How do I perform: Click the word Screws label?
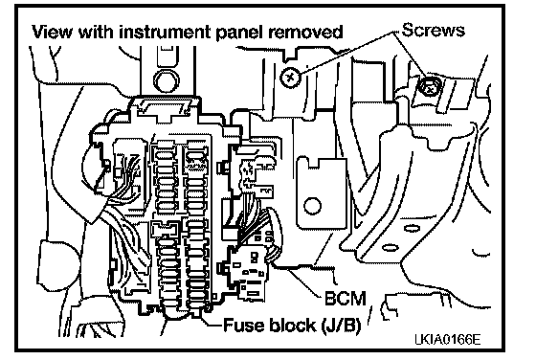[x=433, y=30]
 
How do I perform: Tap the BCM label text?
[x=346, y=298]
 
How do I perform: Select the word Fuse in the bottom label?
[x=243, y=325]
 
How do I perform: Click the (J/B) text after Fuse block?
[x=341, y=326]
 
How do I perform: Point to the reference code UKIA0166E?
[x=448, y=340]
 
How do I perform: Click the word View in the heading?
[x=53, y=32]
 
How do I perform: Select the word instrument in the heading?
[x=166, y=32]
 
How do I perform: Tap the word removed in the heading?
[x=305, y=32]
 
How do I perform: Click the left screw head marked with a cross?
[x=290, y=78]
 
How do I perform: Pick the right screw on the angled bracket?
[x=430, y=86]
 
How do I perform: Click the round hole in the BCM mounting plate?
[x=312, y=206]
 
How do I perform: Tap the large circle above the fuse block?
[x=167, y=80]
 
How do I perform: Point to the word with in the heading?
[x=96, y=32]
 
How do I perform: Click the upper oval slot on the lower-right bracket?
[x=412, y=228]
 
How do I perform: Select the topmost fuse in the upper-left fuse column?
[x=166, y=154]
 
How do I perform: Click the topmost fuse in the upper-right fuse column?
[x=195, y=155]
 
